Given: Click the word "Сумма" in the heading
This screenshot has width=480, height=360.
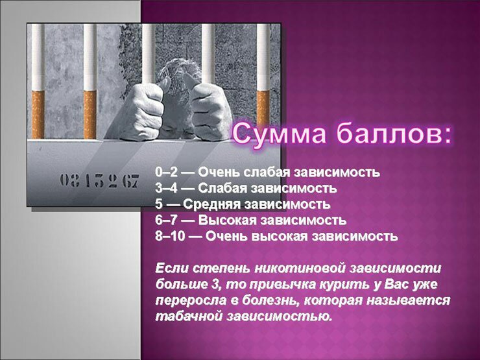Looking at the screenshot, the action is (279, 134).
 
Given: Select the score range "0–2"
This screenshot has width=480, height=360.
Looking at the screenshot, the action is (166, 173).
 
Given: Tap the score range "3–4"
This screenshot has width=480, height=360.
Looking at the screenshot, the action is (166, 188).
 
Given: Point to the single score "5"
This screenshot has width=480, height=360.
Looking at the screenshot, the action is (158, 204).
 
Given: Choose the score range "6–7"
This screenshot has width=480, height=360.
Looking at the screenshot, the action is (166, 220).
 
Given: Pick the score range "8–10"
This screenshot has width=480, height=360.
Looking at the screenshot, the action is (170, 236).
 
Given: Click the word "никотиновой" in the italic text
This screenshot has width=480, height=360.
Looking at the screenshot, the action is (300, 269).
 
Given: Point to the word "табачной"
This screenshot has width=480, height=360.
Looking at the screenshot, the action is (188, 317).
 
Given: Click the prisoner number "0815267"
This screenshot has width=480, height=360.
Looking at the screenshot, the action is (99, 181).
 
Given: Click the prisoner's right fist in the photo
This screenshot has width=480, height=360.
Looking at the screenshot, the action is (142, 112).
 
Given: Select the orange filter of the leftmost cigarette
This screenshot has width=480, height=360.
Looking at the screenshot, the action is (38, 115).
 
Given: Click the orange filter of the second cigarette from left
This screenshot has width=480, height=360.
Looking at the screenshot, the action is (90, 115).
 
